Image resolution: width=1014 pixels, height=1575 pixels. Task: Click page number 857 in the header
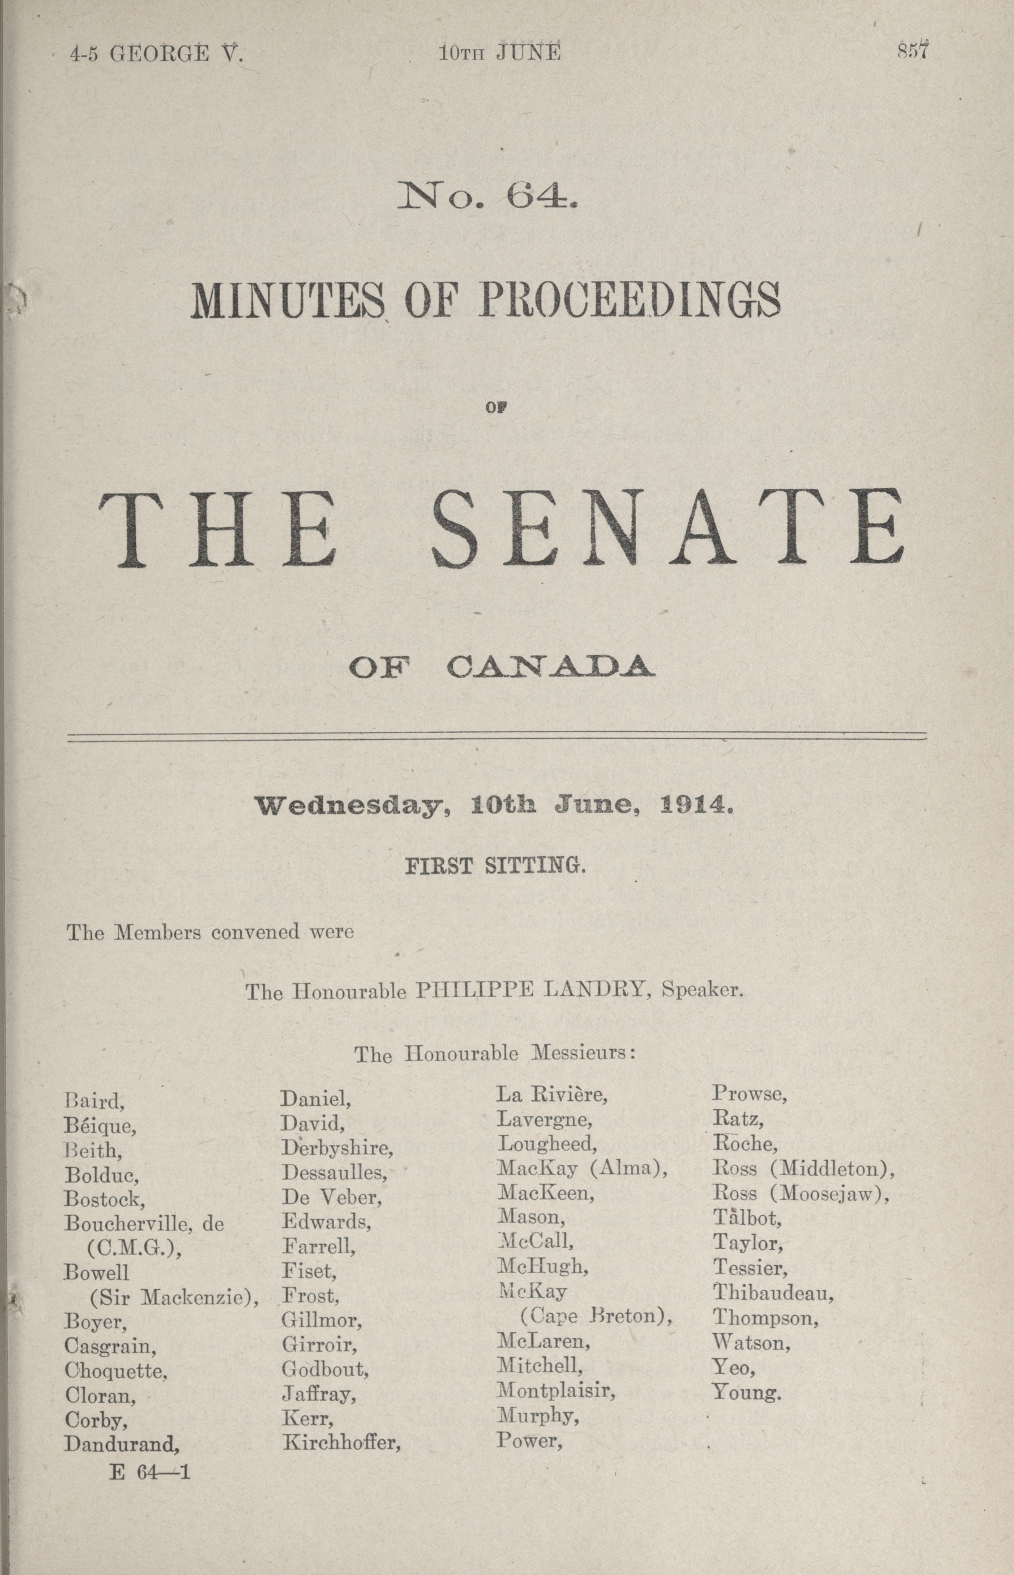(913, 52)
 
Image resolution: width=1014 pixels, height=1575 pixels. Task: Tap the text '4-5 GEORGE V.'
(157, 53)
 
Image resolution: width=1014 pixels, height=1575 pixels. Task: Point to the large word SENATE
(666, 530)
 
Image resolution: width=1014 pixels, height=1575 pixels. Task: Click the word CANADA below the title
(550, 668)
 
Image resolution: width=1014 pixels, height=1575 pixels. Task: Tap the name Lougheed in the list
(546, 1143)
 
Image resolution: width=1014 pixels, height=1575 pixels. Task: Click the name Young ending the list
(746, 1393)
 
